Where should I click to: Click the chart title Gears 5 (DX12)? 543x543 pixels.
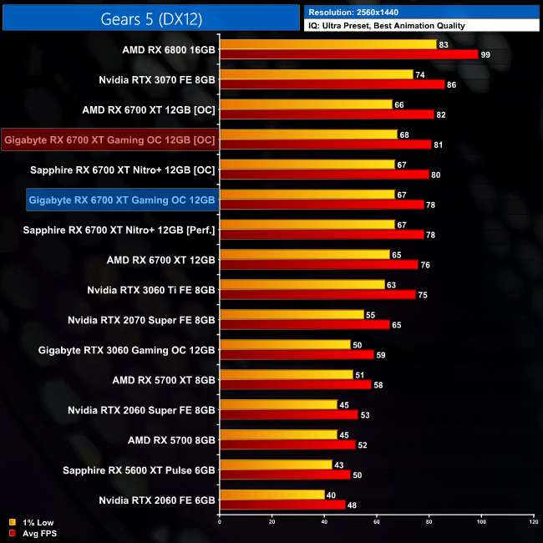click(x=150, y=18)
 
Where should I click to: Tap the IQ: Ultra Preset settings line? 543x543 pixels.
click(x=387, y=26)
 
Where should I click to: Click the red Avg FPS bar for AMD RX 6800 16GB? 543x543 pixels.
click(x=348, y=54)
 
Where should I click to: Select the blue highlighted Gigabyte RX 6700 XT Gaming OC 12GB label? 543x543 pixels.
click(x=122, y=200)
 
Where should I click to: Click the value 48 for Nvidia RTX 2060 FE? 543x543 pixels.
click(x=353, y=505)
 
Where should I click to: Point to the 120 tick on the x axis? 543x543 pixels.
click(x=533, y=522)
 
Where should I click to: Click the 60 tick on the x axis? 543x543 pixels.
click(x=376, y=522)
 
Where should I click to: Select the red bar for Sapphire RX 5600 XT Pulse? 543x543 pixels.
click(x=284, y=474)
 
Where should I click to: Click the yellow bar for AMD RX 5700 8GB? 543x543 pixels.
click(x=278, y=434)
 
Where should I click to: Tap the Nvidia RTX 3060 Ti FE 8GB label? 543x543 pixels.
click(x=151, y=290)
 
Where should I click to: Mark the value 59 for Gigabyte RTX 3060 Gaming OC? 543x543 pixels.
click(x=381, y=354)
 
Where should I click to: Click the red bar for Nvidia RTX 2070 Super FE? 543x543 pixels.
click(x=304, y=324)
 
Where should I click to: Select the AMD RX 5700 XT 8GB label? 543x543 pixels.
click(x=164, y=380)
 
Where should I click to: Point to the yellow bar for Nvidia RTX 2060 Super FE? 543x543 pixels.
click(x=278, y=404)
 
